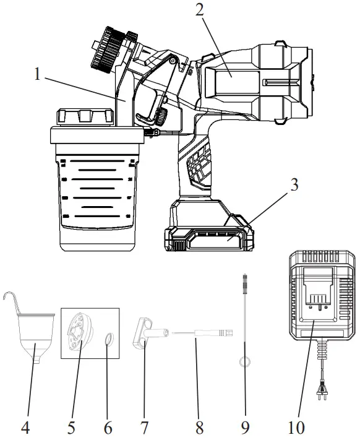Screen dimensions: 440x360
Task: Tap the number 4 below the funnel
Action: [26, 426]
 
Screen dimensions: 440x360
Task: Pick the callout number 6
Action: [109, 426]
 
